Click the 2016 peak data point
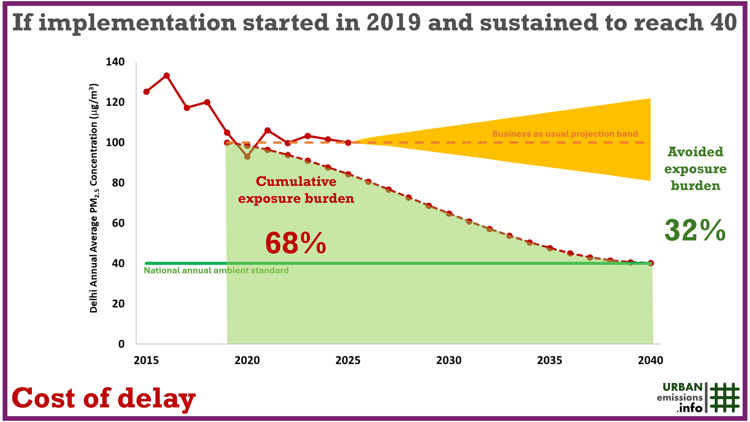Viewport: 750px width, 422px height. (x=166, y=76)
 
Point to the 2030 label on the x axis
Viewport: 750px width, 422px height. (x=449, y=360)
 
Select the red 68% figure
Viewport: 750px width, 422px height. (x=295, y=243)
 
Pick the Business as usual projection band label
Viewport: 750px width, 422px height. (x=565, y=134)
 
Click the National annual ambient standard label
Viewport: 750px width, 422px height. (x=216, y=271)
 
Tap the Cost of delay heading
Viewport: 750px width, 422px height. (x=103, y=398)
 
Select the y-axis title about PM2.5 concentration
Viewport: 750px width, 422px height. (x=94, y=198)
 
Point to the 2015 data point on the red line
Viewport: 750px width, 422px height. (x=146, y=92)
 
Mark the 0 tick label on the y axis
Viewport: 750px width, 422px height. (x=121, y=344)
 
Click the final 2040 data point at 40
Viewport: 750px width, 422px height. (x=651, y=263)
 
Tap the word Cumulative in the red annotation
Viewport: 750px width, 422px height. (x=296, y=181)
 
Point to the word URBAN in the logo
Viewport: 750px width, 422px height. (x=682, y=387)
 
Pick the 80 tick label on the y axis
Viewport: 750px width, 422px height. (x=118, y=183)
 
